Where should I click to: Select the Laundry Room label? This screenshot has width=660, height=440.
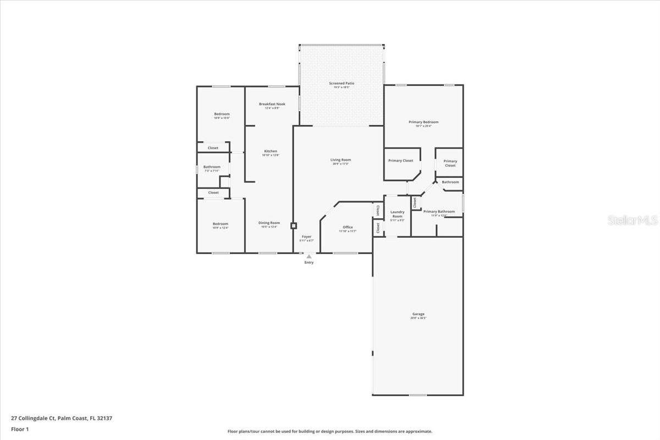(x=397, y=214)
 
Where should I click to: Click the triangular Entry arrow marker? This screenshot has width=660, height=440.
(x=309, y=256)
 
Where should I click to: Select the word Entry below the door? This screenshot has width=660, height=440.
(x=309, y=263)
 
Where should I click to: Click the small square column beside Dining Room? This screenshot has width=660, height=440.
(x=294, y=226)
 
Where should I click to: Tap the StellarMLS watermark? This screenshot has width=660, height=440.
(x=632, y=221)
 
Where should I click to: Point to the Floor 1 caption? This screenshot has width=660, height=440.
(x=20, y=429)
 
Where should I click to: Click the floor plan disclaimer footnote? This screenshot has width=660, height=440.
(x=330, y=431)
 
